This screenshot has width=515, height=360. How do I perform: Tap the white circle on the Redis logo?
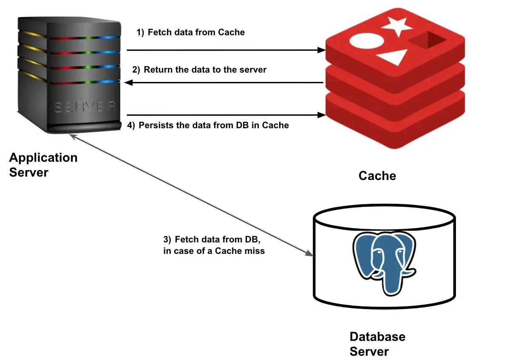pyautogui.click(x=363, y=42)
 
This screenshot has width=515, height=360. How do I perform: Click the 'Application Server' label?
pyautogui.click(x=43, y=165)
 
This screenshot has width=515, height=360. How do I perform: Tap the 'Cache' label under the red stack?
pyautogui.click(x=377, y=176)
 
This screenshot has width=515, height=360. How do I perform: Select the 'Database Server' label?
pyautogui.click(x=377, y=344)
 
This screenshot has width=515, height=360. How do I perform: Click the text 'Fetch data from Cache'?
pyautogui.click(x=196, y=32)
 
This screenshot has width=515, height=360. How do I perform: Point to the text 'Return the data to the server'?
pyautogui.click(x=205, y=70)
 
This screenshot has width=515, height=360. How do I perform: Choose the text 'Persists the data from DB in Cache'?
pyautogui.click(x=214, y=125)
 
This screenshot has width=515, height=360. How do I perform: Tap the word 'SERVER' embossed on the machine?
pyautogui.click(x=85, y=108)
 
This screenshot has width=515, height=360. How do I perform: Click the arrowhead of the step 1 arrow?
pyautogui.click(x=322, y=50)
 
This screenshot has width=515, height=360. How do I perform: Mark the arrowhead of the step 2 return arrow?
pyautogui.click(x=127, y=83)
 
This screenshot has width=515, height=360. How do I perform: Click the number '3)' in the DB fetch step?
pyautogui.click(x=168, y=239)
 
